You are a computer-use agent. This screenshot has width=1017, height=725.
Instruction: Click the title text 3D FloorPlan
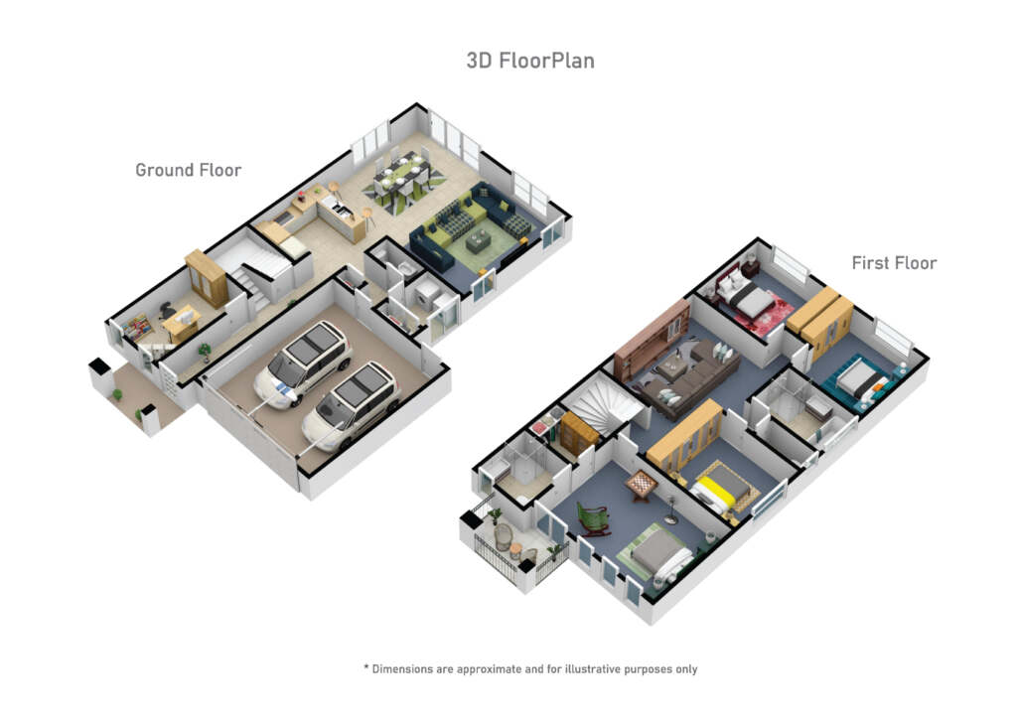click(x=530, y=61)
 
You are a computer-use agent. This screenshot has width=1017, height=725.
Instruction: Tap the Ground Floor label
click(x=188, y=170)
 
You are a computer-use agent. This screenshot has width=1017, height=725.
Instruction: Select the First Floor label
click(x=894, y=262)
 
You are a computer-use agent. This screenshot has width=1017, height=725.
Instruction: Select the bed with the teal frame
click(x=859, y=383)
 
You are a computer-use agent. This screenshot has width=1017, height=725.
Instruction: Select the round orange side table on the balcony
click(x=515, y=550)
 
